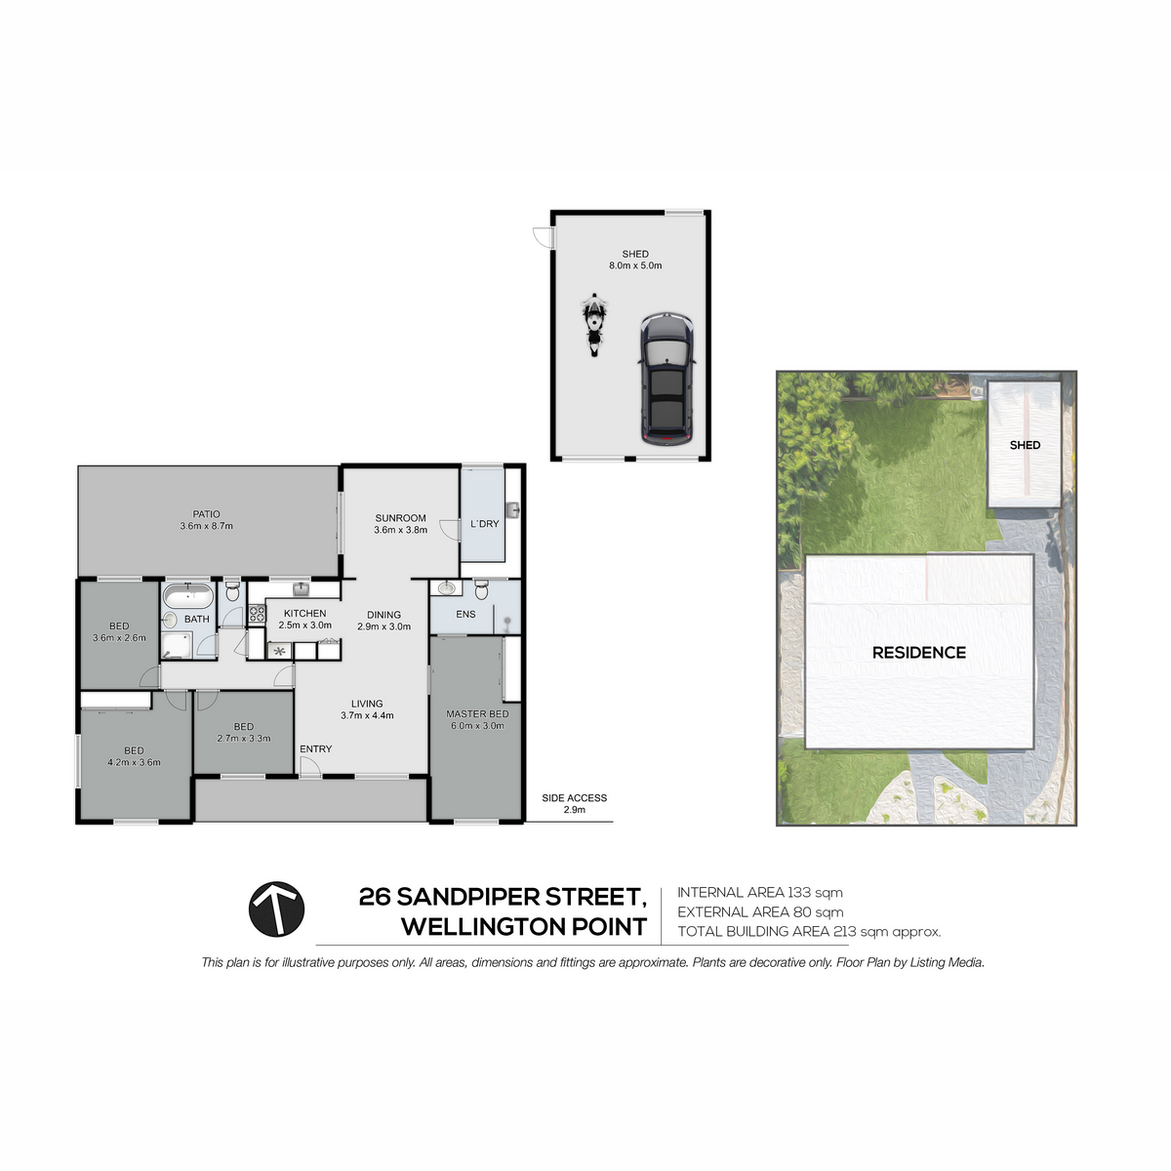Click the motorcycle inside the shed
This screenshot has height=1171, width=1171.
(593, 325)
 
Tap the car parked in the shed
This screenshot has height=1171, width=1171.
(666, 380)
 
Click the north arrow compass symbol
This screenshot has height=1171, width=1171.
(276, 909)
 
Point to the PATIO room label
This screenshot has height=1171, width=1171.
(207, 514)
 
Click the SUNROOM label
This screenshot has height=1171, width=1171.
(400, 518)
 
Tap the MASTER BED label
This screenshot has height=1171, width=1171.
(477, 714)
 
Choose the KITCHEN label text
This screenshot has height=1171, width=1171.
(305, 614)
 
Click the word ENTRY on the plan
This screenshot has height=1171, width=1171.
(316, 748)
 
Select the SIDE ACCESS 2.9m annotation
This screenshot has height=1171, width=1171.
(574, 803)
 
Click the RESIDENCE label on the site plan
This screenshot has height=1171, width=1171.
(919, 653)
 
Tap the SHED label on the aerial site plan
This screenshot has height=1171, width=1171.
(1026, 445)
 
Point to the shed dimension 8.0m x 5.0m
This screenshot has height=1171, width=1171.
(635, 265)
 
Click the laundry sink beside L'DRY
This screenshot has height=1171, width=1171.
(512, 509)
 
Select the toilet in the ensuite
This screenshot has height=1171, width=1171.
(481, 589)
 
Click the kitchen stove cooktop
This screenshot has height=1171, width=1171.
(257, 614)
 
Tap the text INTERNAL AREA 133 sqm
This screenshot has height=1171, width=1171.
(759, 893)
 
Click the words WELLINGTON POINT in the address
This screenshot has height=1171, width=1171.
(524, 927)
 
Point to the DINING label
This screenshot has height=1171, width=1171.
(384, 615)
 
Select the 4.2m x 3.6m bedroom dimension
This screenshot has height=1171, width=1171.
(135, 762)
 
